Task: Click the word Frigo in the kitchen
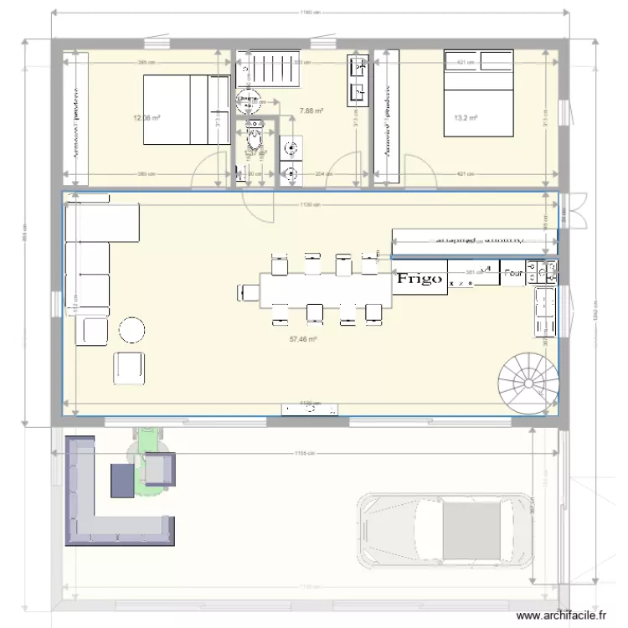click(x=420, y=279)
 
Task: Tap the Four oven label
click(x=512, y=272)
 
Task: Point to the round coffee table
click(x=132, y=330)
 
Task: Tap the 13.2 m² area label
click(x=466, y=118)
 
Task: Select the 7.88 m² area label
click(x=311, y=110)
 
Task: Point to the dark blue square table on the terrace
click(x=122, y=479)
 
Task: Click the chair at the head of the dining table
click(x=248, y=291)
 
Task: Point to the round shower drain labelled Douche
click(x=248, y=99)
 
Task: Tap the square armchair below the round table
click(x=128, y=367)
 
